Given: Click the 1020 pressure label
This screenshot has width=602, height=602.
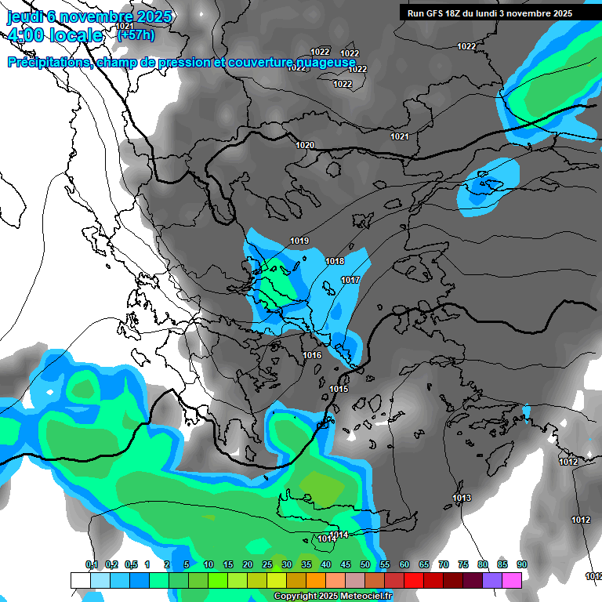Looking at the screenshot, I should coord(305,145).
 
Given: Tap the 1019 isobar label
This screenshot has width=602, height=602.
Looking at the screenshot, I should coord(299,241).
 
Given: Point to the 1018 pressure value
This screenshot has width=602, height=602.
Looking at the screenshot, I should coord(335,261).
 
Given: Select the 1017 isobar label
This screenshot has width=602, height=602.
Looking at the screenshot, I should coord(350,280).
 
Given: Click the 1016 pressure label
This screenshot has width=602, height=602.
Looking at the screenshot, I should coord(312,355).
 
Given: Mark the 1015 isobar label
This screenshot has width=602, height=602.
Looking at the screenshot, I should coord(339,389).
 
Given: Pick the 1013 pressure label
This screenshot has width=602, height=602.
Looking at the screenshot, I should coord(462,498).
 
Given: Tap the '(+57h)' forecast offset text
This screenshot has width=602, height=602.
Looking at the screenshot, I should coord(136,34).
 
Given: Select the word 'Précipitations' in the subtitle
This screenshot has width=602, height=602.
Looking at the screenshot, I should coord(48,62).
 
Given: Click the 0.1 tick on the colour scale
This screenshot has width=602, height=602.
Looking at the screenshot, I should coord(91,564).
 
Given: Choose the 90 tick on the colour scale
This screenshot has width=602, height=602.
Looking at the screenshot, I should coord(522,564).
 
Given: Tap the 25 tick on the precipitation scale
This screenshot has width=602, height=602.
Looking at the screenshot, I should coord(267,564).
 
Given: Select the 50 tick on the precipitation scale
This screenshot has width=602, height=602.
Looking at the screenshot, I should coord(365,564).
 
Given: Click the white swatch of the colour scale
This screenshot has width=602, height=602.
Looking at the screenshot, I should coord(80,580).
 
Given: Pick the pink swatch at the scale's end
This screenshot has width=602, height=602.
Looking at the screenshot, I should coord(512,580).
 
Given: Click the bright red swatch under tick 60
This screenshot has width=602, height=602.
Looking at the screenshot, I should coord(414,580).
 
